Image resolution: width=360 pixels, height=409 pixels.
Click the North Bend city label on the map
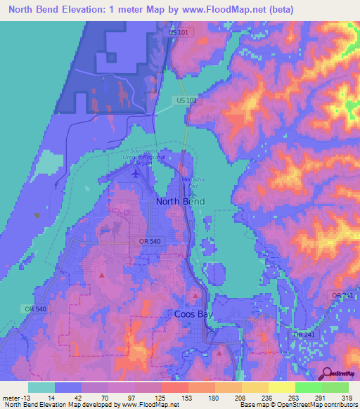pyautogui.click(x=180, y=202)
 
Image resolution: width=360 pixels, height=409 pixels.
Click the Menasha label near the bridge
pyautogui.click(x=193, y=182)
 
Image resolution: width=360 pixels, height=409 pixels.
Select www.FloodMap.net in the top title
pyautogui.click(x=228, y=9)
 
